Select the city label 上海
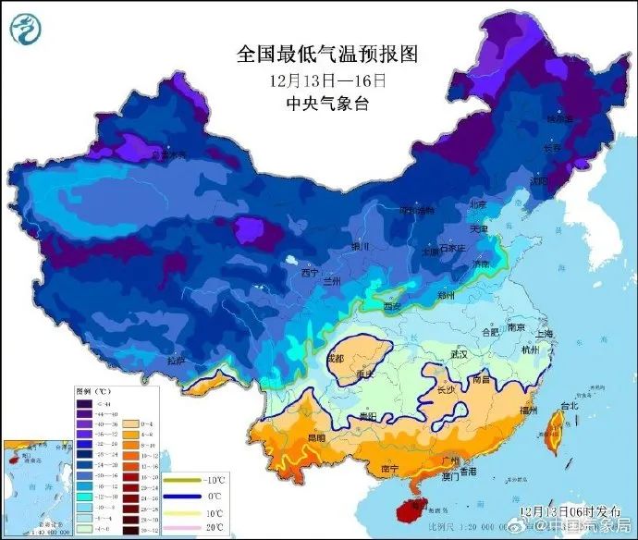(545, 335)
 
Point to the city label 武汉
(459, 354)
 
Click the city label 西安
(394, 306)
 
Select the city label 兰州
(330, 279)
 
